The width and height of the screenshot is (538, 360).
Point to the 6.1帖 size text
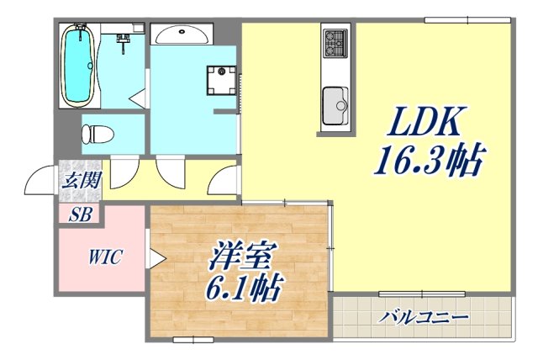tap(241, 290)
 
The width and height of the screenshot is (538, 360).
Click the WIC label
tap(105, 257)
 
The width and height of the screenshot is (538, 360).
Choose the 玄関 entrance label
tap(81, 179)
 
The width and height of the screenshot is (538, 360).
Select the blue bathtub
tap(79, 66)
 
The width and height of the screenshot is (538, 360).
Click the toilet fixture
tap(97, 133)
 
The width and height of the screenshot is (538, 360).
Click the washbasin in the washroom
tap(181, 34)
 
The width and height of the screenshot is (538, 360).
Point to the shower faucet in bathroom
tap(124, 39)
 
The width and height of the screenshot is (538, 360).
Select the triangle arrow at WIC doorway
tap(156, 257)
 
